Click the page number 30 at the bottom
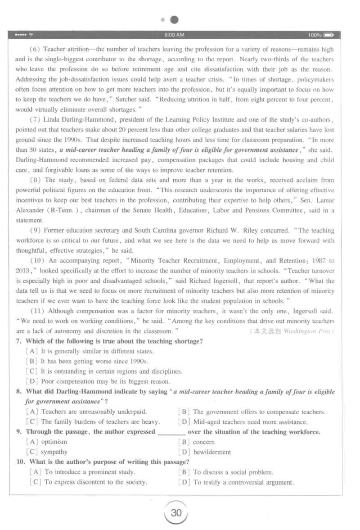click(176, 513)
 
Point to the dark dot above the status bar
click(174, 20)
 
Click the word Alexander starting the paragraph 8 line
click(30, 210)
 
